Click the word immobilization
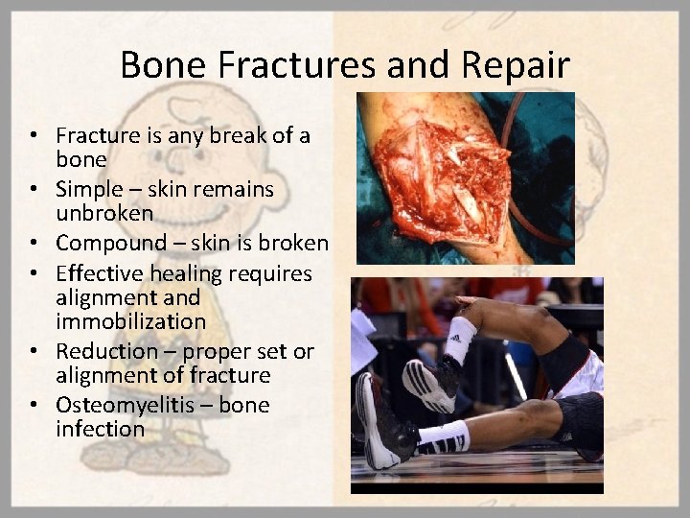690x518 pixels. coord(130,321)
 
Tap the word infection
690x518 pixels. coord(100,429)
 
